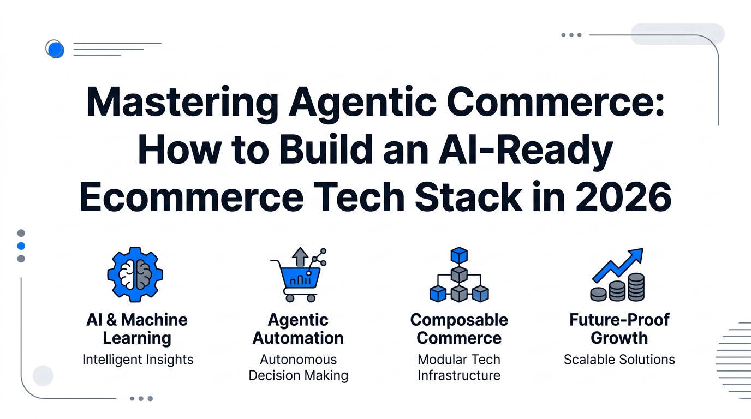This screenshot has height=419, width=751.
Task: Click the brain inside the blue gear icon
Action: coord(135,274)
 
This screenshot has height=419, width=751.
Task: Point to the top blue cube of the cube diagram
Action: coord(458,255)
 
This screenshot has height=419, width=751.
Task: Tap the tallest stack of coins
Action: coord(636,287)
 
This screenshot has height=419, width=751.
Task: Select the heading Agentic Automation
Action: coord(298,329)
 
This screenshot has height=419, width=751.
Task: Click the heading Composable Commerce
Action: coord(459,329)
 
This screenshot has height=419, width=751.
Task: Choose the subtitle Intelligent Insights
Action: coord(138,360)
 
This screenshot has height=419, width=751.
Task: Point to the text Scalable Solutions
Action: coord(619,360)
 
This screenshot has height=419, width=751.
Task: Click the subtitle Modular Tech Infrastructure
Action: coord(459,367)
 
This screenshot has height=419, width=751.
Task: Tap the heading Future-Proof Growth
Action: coord(619,329)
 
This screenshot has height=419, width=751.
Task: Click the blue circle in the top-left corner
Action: coord(55,50)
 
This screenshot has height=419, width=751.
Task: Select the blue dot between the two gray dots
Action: coord(21,246)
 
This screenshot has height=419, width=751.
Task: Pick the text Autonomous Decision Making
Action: coord(298,367)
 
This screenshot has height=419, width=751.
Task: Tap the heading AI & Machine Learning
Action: coord(137,329)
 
